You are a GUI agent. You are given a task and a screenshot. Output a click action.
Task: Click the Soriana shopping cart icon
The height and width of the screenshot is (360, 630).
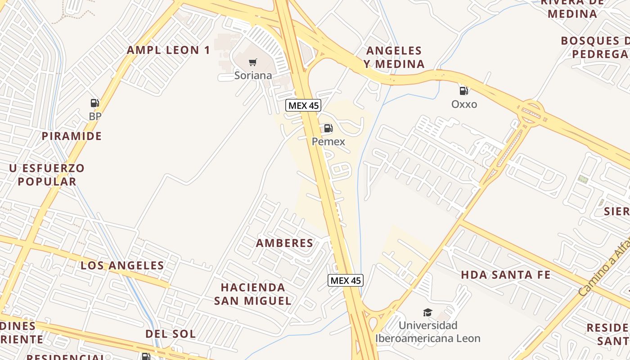coord(253,62)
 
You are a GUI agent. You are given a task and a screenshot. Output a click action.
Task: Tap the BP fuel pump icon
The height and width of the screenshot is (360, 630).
coord(94,103)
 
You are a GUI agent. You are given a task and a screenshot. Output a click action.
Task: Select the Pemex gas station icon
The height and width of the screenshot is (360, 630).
coord(328,128)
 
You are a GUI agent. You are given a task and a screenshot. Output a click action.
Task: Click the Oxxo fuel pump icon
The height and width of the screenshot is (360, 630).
coord(464,91)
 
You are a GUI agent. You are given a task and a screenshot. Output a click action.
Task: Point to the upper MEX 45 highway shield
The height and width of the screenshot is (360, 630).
coord(303,106)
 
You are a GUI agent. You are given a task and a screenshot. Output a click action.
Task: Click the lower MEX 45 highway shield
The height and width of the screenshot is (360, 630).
coord(345,280)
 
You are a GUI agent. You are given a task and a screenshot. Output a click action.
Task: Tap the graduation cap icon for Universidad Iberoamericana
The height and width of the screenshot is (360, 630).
coord(427,312)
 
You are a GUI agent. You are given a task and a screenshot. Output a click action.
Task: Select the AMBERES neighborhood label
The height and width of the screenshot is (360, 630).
coord(284,243)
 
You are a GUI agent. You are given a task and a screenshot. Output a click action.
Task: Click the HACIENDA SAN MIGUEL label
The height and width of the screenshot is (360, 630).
coord(252,294)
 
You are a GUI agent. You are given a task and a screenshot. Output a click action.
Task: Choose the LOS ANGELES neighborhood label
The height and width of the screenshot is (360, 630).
coord(122,265)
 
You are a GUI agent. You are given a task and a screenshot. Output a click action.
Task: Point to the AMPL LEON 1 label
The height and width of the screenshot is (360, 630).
coord(168,50)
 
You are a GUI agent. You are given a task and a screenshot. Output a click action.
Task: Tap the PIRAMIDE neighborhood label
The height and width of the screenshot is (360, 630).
coord(72,136)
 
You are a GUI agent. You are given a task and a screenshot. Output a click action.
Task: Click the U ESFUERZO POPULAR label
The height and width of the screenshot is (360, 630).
coord(47,175)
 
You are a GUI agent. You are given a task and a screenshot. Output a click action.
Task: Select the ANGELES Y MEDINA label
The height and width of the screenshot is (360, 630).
coord(394,57)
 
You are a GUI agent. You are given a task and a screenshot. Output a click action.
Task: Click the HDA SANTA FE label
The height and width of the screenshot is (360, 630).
coord(506,274)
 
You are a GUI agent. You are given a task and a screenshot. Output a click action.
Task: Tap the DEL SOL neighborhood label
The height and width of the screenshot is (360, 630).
coord(171,334)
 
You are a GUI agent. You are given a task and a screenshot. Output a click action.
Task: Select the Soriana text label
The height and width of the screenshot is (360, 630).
coord(253,76)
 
